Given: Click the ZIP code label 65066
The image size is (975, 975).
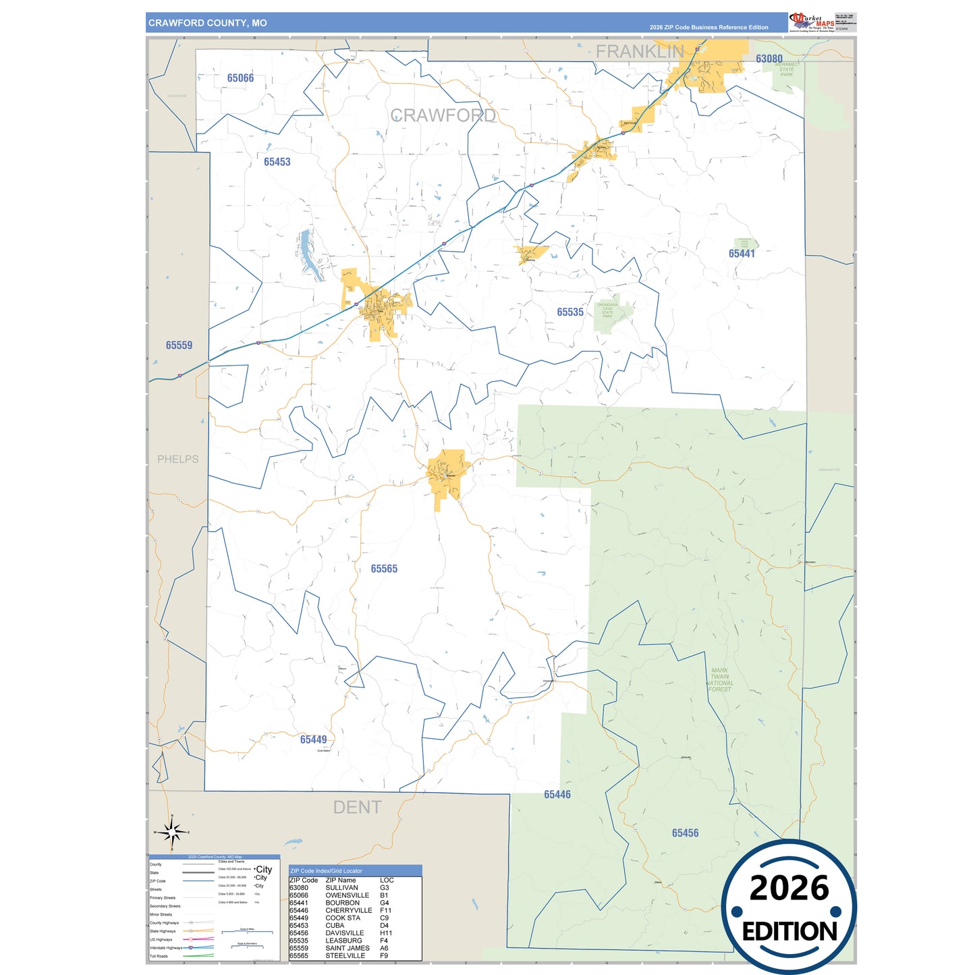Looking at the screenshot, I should coord(240,78).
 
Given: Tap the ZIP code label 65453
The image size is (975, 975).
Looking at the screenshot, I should coord(277,162).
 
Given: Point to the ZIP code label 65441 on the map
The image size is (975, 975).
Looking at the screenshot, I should coord(742,254).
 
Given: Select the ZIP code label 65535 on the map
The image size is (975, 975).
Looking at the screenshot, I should coord(570,312).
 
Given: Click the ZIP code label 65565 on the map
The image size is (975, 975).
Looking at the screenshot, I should coord(384,569).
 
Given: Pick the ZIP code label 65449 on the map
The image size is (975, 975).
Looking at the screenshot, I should coord(313,740).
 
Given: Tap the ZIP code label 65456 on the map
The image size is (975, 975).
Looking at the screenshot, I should coord(685,833).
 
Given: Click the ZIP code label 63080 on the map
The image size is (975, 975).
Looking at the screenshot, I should coord(769,59).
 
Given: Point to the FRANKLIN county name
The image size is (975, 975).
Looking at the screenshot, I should coord(640,51).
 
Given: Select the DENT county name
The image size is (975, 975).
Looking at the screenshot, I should coord(357,808).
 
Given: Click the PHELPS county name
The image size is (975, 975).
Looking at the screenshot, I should coord(178,459).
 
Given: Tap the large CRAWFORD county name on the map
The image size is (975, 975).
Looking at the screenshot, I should coord(443,116).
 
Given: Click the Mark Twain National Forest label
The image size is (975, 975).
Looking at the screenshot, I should coord(719,680).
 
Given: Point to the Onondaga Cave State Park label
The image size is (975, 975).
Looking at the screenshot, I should coord(607,310).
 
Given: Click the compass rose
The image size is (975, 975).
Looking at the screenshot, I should coord(172,833).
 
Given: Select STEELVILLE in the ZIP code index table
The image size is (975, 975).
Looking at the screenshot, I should coord(345,955).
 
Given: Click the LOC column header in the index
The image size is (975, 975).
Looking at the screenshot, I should coord(387,880).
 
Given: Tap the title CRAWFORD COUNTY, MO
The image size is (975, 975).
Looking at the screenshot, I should coord(208,23).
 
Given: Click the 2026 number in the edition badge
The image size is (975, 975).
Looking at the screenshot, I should coord(789,889).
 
